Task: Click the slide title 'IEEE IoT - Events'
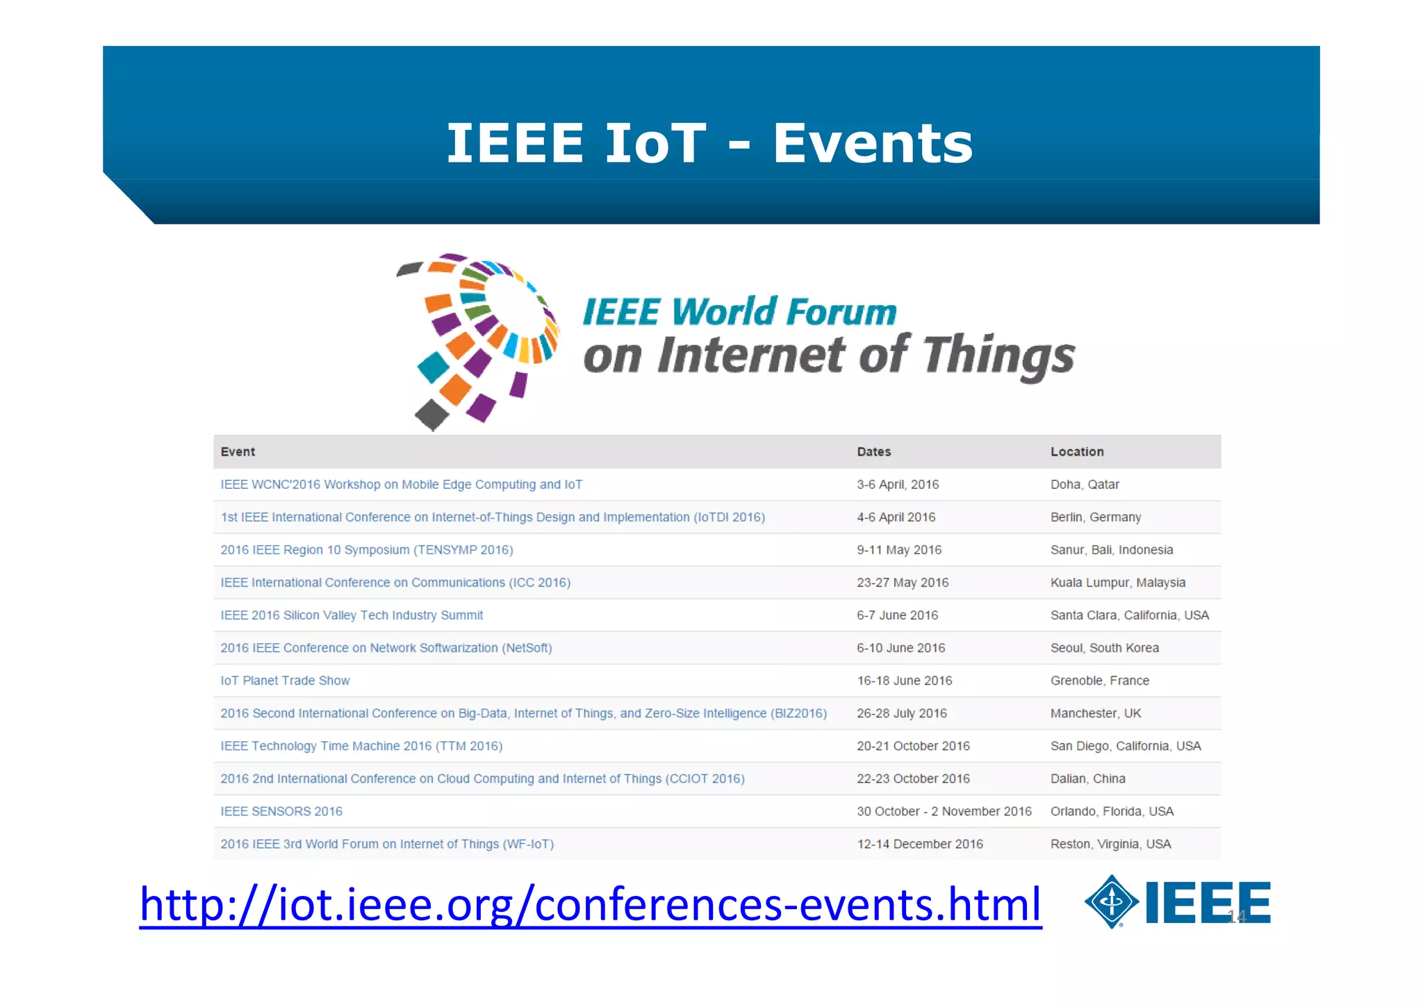tap(709, 143)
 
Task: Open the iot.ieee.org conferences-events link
tap(590, 904)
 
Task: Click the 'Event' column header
tap(238, 452)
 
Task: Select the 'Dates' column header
tap(873, 452)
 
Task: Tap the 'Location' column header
tap(1076, 452)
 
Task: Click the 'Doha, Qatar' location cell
tap(1084, 485)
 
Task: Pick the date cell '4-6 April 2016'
tap(896, 517)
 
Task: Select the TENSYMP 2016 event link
tap(366, 550)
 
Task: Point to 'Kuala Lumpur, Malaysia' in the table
tap(1117, 583)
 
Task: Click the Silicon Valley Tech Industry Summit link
tap(352, 615)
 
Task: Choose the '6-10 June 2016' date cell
tap(900, 648)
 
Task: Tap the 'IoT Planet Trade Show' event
tap(285, 681)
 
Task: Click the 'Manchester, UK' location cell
tap(1095, 713)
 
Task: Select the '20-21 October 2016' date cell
tap(913, 746)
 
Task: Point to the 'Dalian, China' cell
tap(1087, 779)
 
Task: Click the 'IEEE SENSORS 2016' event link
tap(281, 811)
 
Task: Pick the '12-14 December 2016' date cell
tap(919, 844)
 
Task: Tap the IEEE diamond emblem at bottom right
tap(1111, 902)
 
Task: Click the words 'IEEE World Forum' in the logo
tap(739, 312)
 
